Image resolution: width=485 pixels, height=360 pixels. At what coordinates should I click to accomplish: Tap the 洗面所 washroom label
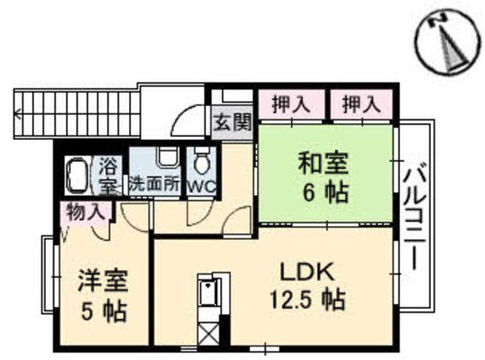(155, 180)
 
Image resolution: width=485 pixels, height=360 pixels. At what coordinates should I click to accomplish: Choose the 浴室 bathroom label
(106, 173)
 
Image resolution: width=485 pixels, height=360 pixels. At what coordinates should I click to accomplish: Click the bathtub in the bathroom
(77, 177)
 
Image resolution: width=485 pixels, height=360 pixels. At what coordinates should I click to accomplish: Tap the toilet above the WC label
(203, 158)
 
